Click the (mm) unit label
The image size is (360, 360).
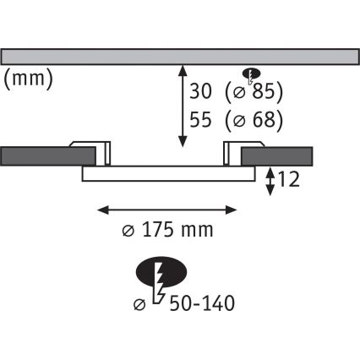point(29,79)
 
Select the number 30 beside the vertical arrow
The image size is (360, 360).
point(200,91)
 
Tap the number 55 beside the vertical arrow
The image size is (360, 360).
point(200,119)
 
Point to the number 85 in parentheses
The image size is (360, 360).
point(264,91)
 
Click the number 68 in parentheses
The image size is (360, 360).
point(264,119)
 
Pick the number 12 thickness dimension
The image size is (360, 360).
point(288,179)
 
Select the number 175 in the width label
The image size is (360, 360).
point(157,230)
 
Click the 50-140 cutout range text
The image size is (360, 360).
point(202,303)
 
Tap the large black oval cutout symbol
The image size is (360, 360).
point(161,271)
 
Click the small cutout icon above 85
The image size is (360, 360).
point(251,74)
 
